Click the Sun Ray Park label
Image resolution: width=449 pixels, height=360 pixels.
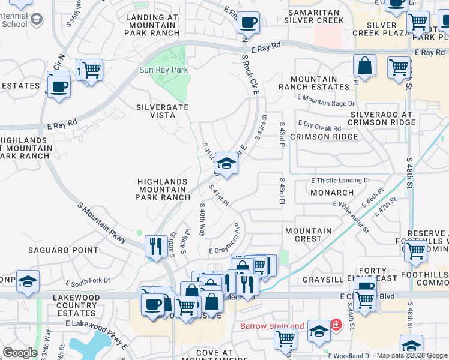(x=163, y=70)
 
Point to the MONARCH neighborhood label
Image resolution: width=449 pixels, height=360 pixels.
(x=332, y=193)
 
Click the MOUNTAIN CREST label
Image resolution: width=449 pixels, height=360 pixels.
(x=309, y=235)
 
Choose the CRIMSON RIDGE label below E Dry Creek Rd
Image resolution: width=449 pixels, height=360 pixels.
(x=324, y=137)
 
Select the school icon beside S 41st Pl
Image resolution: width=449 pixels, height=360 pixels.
(x=226, y=163)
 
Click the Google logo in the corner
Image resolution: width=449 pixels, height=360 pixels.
(x=20, y=353)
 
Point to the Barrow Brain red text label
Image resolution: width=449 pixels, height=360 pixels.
(x=272, y=326)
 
